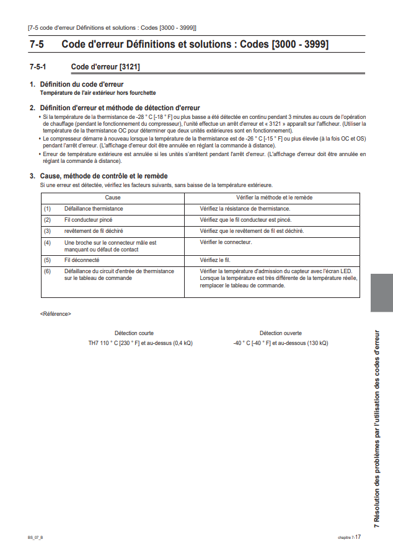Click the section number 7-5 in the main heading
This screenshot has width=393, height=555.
37,45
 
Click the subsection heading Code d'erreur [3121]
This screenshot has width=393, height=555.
105,66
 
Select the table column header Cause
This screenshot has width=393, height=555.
113,198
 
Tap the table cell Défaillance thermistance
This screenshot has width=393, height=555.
94,209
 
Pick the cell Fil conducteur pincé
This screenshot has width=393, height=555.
88,220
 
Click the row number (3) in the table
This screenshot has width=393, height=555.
47,231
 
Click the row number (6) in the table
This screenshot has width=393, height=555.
47,271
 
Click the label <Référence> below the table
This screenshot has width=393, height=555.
55,314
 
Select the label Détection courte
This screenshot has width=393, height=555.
134,333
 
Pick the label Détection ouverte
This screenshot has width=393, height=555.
280,333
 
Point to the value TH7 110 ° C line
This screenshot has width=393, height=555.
140,343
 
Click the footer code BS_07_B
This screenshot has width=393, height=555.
35,537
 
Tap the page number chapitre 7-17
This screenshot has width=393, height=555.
350,537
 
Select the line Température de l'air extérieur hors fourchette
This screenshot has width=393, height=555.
98,93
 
